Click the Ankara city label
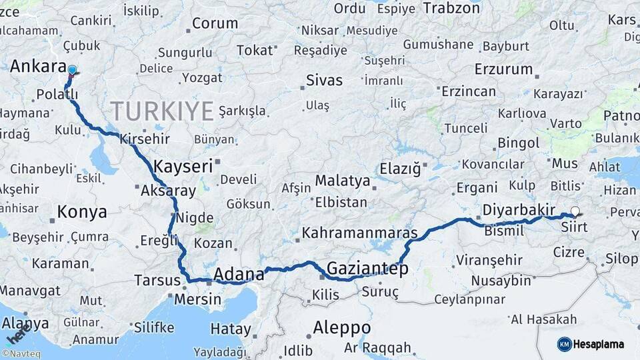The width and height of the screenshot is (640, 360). [x=38, y=67]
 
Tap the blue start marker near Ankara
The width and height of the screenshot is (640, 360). [x=72, y=70]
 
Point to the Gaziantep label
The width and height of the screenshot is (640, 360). [x=367, y=269]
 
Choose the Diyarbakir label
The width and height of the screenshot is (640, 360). [x=518, y=210]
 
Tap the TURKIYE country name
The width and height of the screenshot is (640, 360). [x=161, y=110]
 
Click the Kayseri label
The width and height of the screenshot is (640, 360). [x=183, y=166]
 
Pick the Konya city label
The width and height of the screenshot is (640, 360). [x=81, y=212]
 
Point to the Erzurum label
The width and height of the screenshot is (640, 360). [x=503, y=69]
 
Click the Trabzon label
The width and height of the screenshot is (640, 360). [x=451, y=8]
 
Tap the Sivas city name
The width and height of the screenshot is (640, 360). [x=324, y=81]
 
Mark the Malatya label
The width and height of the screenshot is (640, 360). [x=342, y=181]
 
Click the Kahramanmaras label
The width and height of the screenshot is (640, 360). [x=359, y=233]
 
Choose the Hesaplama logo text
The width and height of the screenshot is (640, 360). [x=599, y=344]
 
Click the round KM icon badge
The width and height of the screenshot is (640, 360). [x=564, y=344]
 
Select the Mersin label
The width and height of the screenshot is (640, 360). [x=197, y=299]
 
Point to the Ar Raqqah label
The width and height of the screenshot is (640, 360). [x=377, y=347]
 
